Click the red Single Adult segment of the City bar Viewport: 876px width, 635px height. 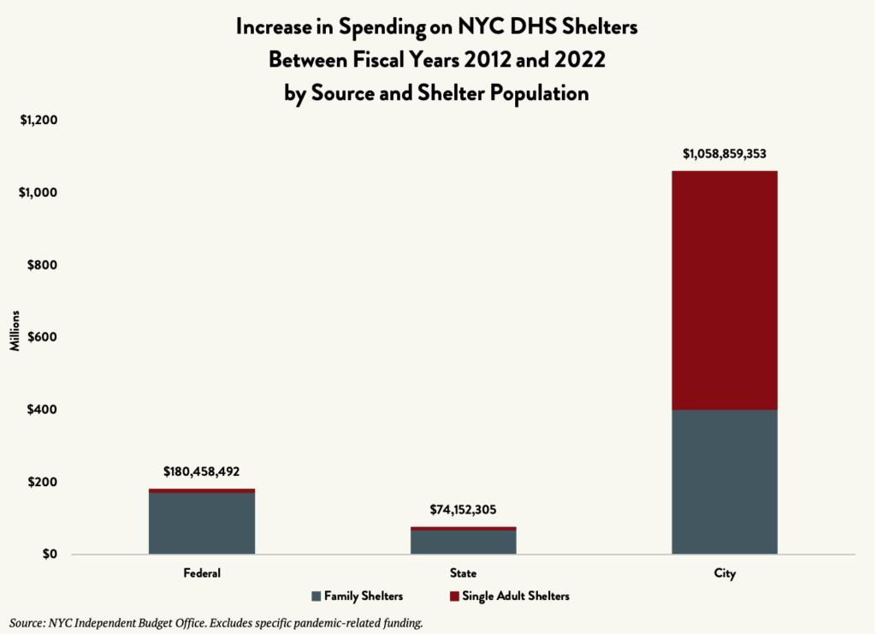[724, 290]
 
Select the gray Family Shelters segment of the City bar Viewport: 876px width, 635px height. [724, 482]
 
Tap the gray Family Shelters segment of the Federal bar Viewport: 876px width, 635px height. [202, 523]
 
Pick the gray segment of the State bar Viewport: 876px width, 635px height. [463, 542]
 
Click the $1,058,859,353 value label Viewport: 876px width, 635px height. [724, 155]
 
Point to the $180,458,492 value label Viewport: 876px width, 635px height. [202, 472]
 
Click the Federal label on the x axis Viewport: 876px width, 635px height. [202, 573]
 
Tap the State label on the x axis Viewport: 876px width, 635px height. [463, 573]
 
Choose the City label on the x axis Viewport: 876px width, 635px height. [724, 573]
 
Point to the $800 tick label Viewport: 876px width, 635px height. [44, 264]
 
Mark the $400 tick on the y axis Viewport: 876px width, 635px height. [44, 409]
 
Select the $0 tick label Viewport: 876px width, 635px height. [50, 554]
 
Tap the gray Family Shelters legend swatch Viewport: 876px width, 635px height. [316, 596]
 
